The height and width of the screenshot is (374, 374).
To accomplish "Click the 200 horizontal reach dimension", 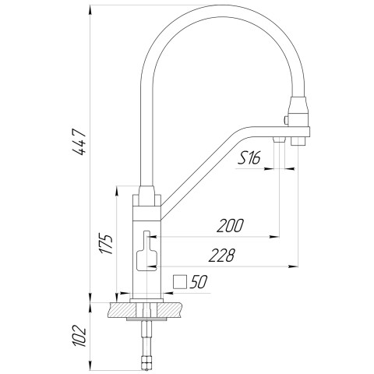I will pos(231,227).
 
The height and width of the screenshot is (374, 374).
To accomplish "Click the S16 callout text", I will pos(249,158).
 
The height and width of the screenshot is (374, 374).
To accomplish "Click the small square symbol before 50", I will pos(180,282).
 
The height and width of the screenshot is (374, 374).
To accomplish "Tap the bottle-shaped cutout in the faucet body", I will pos(146,254).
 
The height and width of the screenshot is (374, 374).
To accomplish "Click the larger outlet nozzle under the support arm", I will pos(298,141).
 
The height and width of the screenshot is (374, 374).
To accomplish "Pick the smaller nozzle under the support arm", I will pos(279,139).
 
